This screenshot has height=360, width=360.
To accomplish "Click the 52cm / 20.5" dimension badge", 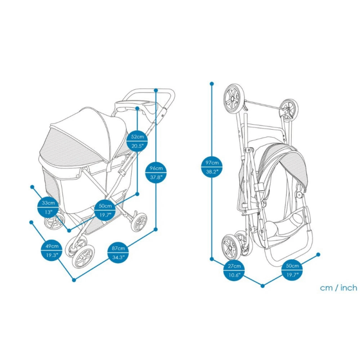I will (137, 140).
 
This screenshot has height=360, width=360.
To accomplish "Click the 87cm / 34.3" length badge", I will (117, 253).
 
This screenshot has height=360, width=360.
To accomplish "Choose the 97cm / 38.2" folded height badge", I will (211, 167).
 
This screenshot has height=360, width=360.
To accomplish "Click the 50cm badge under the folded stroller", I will (292, 270).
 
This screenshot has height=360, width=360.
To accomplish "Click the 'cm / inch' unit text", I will (338, 288).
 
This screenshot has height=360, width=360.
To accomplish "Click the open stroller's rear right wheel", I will (139, 222).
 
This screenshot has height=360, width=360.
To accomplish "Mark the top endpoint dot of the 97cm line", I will (211, 83).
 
